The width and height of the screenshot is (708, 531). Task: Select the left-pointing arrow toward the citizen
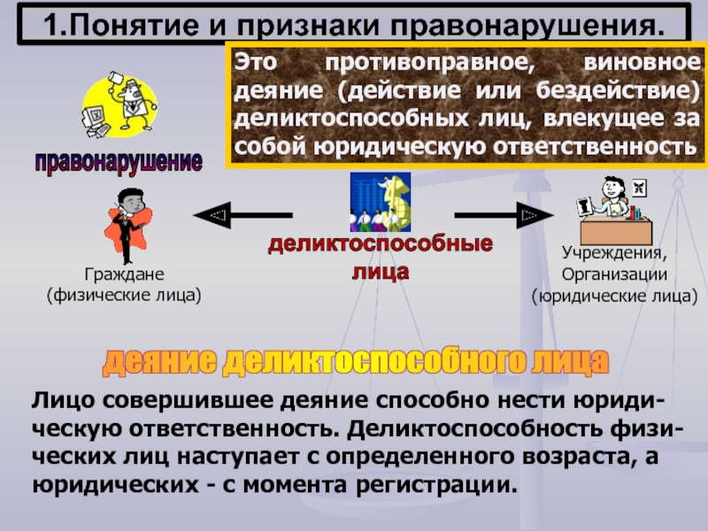point(241,214)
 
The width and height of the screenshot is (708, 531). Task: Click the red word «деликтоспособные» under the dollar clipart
point(381,245)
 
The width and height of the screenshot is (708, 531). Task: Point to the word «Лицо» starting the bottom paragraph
point(61,401)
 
